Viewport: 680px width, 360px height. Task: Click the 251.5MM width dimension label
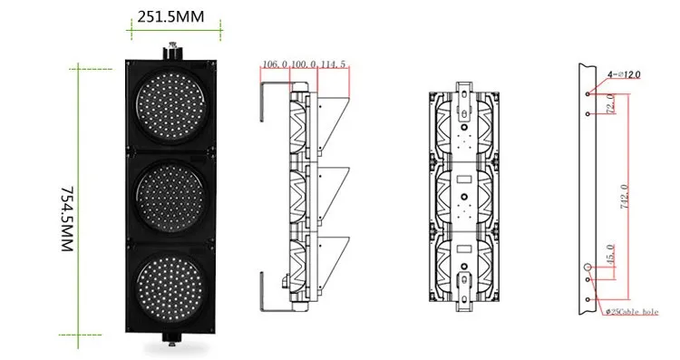[170, 16]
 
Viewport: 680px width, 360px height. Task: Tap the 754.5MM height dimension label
[66, 219]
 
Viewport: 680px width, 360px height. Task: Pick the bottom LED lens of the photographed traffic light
[170, 287]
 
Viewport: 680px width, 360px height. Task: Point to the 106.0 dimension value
[275, 64]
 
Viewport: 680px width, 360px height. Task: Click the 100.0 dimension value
[303, 64]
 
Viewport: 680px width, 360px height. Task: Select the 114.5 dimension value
[333, 64]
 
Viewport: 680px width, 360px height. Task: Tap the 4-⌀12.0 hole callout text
[624, 74]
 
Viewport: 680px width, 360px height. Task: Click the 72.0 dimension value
[610, 103]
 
